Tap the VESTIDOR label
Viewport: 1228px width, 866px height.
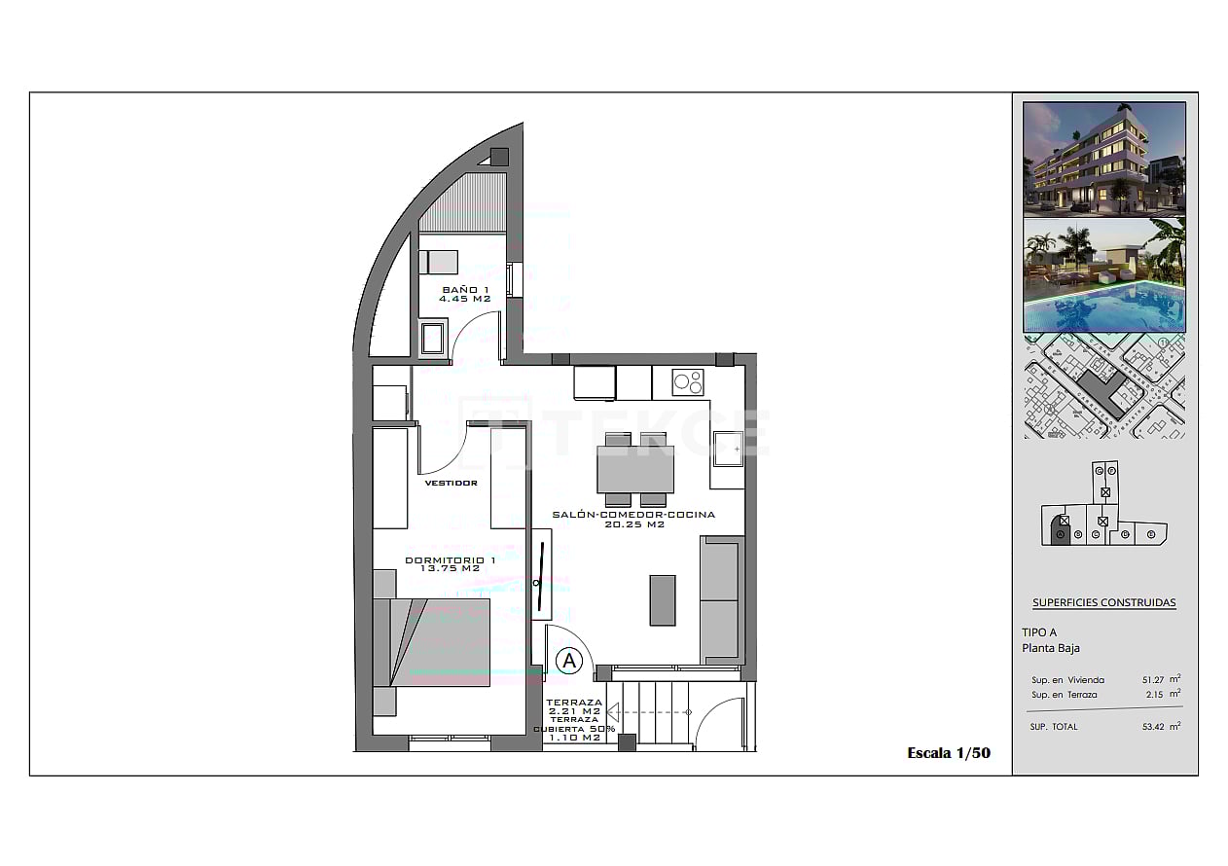point(451,483)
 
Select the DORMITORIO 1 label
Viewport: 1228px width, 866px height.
point(451,564)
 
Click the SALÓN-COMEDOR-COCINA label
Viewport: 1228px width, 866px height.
point(633,519)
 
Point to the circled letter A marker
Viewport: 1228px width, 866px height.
point(569,662)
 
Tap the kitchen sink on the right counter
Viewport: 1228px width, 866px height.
point(726,449)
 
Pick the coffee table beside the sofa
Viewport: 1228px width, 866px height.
point(663,600)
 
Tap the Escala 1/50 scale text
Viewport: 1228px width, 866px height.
point(948,752)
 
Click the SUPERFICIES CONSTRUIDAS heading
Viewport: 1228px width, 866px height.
point(1103,602)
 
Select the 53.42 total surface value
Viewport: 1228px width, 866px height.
point(1155,727)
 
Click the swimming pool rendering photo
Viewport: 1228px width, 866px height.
point(1104,276)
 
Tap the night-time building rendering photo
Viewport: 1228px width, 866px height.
point(1104,158)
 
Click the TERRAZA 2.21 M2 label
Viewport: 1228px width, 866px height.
point(574,707)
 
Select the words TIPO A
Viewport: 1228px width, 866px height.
point(1039,632)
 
